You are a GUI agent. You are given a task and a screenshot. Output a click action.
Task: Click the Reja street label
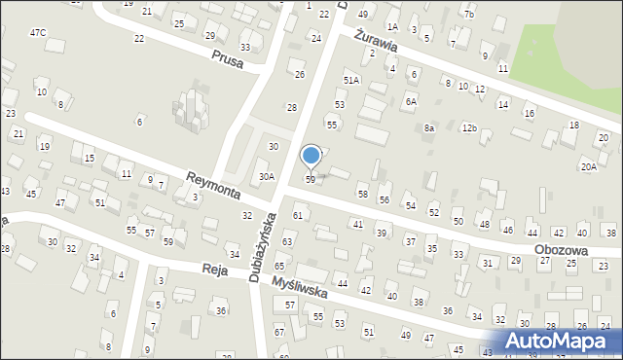pyautogui.click(x=214, y=270)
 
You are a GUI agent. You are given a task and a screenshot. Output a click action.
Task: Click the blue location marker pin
pyautogui.click(x=311, y=156)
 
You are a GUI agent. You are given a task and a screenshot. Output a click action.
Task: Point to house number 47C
pyautogui.click(x=38, y=33)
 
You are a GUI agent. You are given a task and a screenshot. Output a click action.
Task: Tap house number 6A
pyautogui.click(x=412, y=101)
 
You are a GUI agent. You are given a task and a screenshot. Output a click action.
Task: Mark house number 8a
pyautogui.click(x=428, y=128)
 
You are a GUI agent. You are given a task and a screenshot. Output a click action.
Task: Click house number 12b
pyautogui.click(x=469, y=127)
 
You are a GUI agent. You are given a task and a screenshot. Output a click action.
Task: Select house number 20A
pyautogui.click(x=589, y=166)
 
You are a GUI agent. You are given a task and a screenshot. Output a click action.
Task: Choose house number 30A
pyautogui.click(x=267, y=176)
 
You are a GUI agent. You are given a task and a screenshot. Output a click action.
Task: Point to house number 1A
pyautogui.click(x=392, y=27)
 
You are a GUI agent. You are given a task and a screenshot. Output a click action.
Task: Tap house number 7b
pyautogui.click(x=468, y=15)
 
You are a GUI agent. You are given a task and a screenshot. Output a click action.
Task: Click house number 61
pyautogui.click(x=298, y=214)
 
